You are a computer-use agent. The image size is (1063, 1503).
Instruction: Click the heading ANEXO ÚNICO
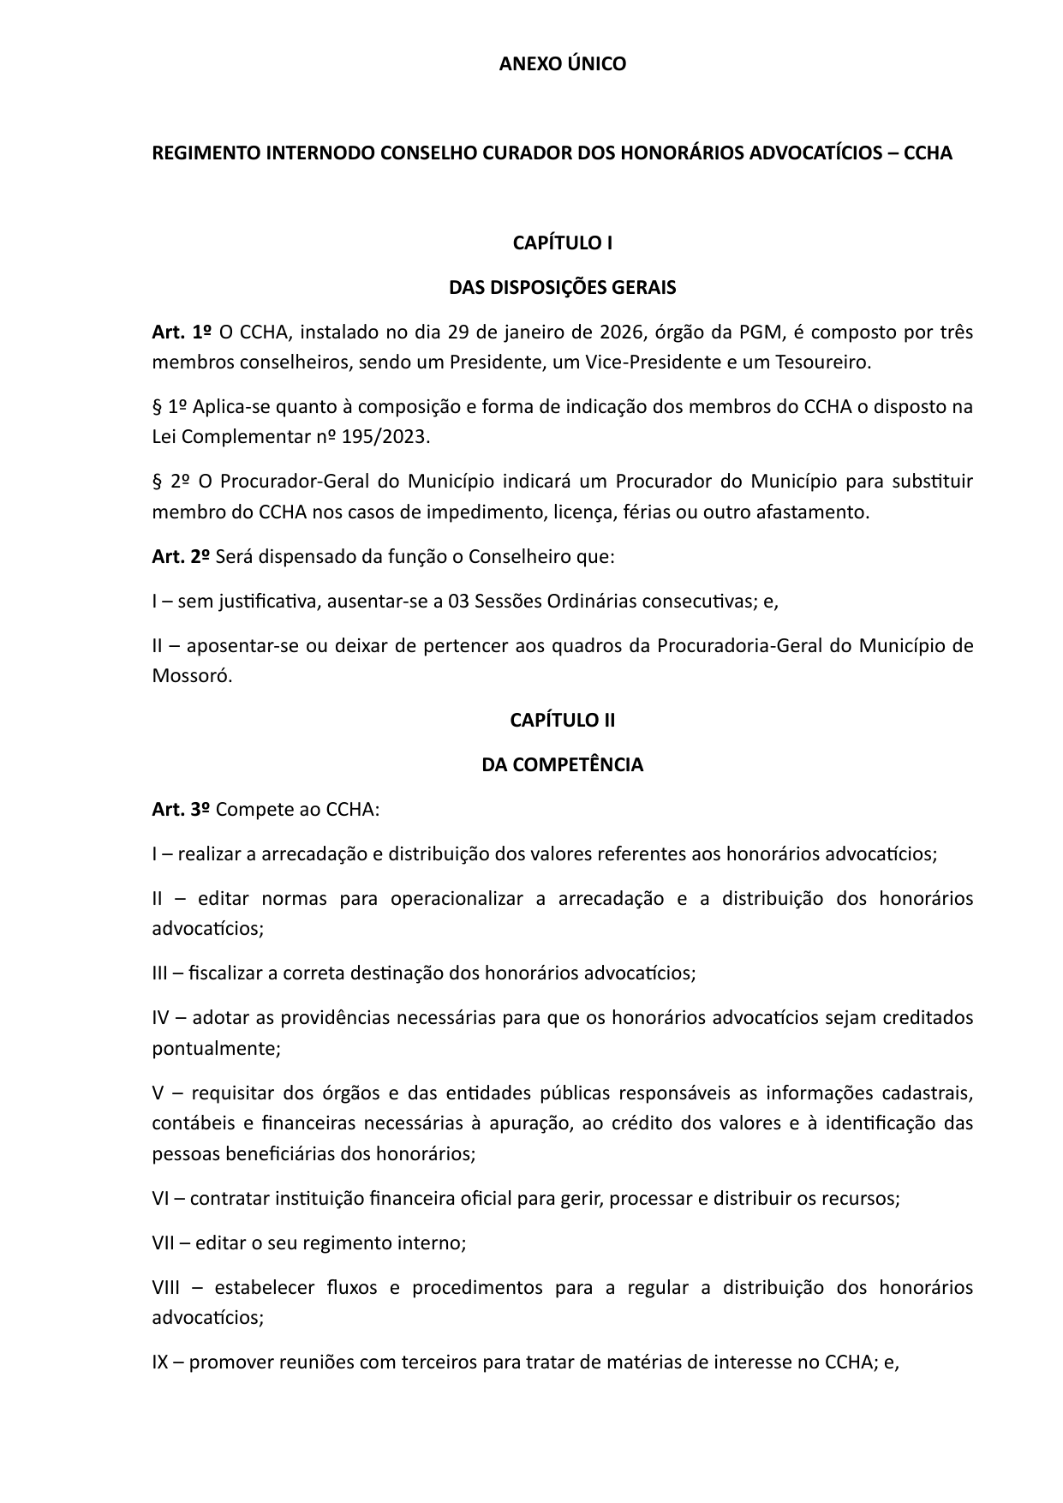tap(563, 64)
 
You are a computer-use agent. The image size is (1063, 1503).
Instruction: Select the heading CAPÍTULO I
tap(563, 243)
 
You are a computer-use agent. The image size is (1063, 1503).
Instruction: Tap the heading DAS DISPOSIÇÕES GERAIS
tap(563, 288)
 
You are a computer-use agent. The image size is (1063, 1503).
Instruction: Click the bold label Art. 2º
tap(181, 557)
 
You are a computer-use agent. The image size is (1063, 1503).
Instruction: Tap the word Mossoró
tap(192, 676)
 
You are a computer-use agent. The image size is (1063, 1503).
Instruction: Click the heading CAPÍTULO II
tap(563, 721)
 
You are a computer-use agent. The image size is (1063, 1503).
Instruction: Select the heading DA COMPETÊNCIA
tap(563, 765)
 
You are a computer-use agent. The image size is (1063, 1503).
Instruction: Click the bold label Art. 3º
tap(181, 810)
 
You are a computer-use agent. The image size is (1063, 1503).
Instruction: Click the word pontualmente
tap(216, 1048)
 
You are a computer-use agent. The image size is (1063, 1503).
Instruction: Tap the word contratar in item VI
tap(229, 1199)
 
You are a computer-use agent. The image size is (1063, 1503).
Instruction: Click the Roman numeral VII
tap(163, 1243)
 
